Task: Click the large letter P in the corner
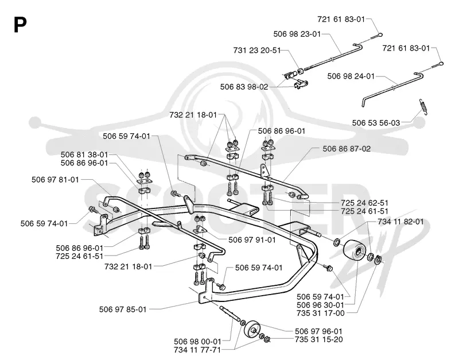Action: tap(20, 25)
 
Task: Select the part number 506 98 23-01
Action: tap(297, 34)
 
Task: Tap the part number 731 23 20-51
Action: tap(256, 51)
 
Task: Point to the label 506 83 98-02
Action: tap(244, 87)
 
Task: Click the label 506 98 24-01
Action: tap(351, 76)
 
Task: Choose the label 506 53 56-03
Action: tap(376, 123)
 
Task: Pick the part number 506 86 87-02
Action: tap(347, 149)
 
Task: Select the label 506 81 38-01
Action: tap(84, 154)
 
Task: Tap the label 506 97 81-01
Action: tap(55, 180)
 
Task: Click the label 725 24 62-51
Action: tap(364, 203)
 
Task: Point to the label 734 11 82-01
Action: tap(400, 222)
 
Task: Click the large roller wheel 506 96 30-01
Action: tap(355, 250)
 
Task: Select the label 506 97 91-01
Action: tap(252, 240)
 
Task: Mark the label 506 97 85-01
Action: tap(123, 309)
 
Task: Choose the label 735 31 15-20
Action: tap(319, 339)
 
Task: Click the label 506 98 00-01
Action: tap(197, 342)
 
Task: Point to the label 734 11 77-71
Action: tap(197, 350)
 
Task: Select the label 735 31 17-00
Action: tap(321, 313)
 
